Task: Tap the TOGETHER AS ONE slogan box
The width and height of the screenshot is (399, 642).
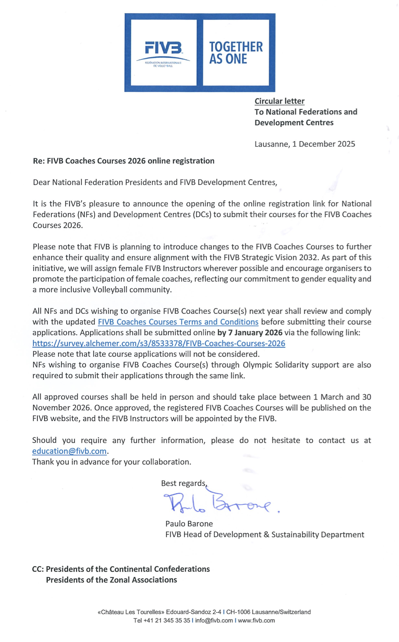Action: pyautogui.click(x=236, y=53)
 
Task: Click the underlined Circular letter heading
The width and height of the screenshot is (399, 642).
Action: pyautogui.click(x=279, y=101)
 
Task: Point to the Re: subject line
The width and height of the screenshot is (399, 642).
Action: pyautogui.click(x=124, y=161)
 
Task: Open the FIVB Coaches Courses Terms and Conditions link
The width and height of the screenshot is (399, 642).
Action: pyautogui.click(x=178, y=322)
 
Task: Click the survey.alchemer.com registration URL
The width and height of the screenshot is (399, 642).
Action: pyautogui.click(x=159, y=343)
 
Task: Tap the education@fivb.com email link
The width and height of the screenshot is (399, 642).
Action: pyautogui.click(x=69, y=451)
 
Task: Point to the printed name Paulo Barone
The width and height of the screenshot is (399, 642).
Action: pyautogui.click(x=189, y=524)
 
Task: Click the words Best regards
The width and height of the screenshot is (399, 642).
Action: pyautogui.click(x=183, y=483)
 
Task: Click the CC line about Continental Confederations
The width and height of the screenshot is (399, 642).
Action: pyautogui.click(x=121, y=569)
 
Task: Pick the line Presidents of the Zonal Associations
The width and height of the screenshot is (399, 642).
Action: pyautogui.click(x=111, y=580)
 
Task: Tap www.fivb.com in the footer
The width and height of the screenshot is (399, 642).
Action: pyautogui.click(x=256, y=620)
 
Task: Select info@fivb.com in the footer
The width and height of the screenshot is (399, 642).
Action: pyautogui.click(x=214, y=620)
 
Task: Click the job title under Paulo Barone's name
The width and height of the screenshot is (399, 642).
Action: pyautogui.click(x=264, y=534)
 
